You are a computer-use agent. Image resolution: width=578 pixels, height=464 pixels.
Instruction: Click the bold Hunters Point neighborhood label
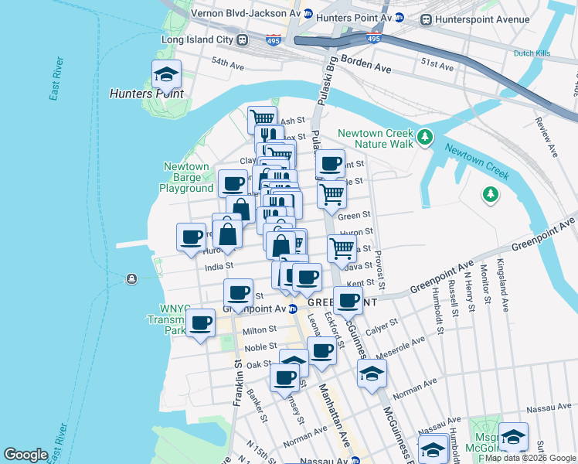point(147,94)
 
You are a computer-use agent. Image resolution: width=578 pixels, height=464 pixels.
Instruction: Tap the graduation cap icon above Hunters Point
point(166,75)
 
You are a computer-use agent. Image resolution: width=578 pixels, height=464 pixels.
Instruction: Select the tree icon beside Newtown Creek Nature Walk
point(423,138)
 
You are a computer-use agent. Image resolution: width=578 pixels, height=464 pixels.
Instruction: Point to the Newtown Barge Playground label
point(186,177)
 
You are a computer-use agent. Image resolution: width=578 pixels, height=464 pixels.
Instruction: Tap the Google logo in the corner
point(25,455)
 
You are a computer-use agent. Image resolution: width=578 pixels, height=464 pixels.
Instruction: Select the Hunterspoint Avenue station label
point(482,19)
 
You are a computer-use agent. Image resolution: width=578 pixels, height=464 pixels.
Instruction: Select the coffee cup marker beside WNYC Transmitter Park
point(201,322)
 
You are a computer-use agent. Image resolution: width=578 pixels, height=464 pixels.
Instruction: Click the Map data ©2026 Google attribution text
point(531,458)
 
